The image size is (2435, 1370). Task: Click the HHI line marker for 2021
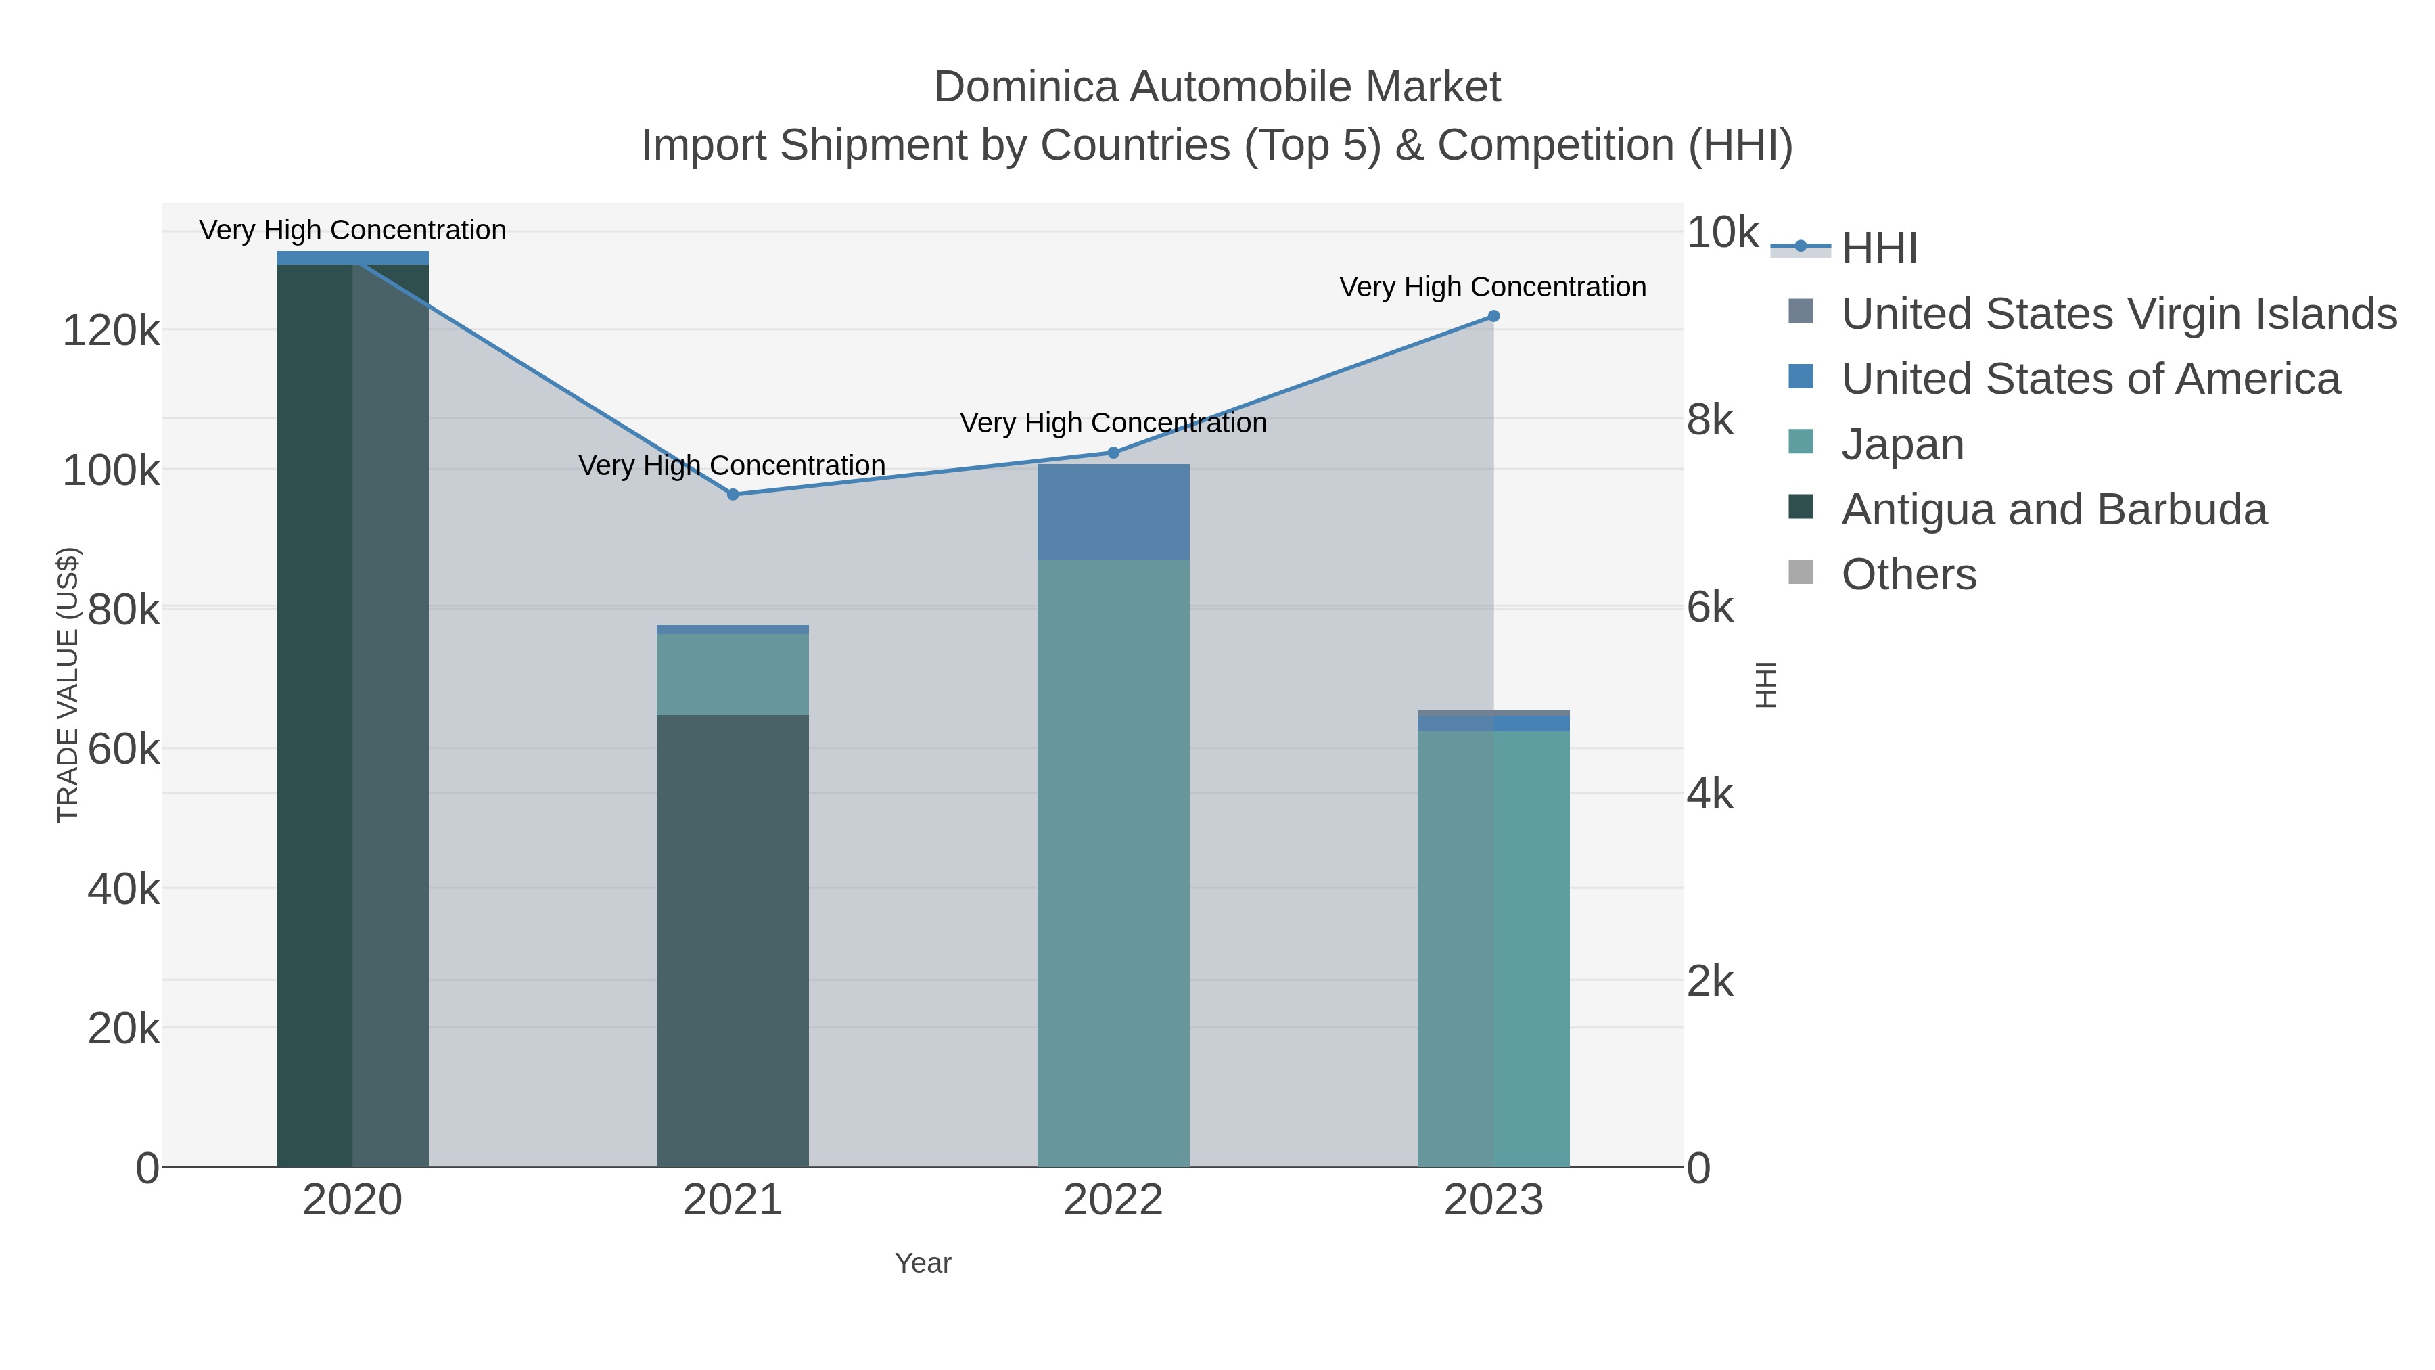[733, 495]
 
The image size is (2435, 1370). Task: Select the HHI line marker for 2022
[1113, 453]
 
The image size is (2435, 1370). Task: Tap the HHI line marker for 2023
[1493, 316]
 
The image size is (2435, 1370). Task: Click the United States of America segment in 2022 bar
[1113, 511]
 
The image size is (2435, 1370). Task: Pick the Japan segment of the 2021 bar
[733, 674]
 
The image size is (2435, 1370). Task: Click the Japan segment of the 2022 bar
[1113, 863]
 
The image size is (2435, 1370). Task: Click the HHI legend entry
[1879, 249]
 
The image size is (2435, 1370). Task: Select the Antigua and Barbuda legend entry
[2053, 509]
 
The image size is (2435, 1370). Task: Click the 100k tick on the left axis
[111, 471]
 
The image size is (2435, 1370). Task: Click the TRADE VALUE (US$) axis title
[68, 685]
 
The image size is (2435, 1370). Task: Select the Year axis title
[923, 1263]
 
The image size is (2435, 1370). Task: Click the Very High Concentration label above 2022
[1113, 423]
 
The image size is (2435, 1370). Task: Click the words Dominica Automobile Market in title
[1217, 87]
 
